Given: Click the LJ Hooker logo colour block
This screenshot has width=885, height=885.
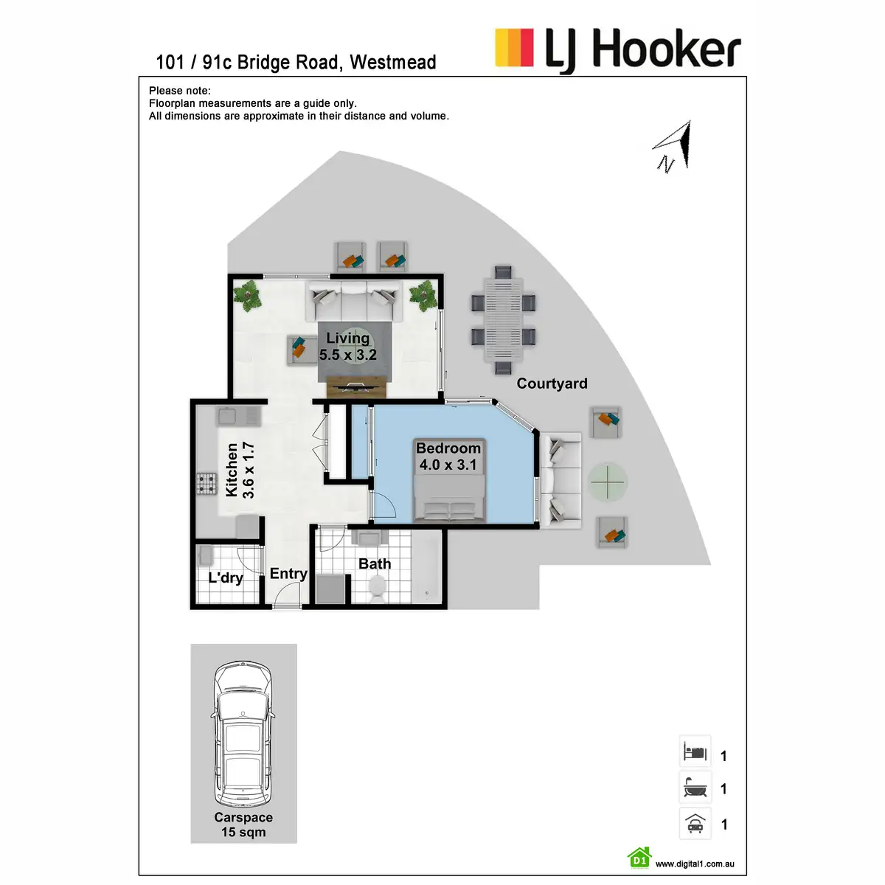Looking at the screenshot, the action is (x=514, y=48).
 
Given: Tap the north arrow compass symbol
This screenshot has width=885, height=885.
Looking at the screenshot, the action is (x=673, y=146).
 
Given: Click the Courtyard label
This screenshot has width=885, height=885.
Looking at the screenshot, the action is (x=552, y=383).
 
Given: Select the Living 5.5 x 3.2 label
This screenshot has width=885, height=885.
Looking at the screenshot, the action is (x=347, y=347).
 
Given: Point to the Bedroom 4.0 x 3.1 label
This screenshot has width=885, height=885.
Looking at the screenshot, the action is (x=448, y=456).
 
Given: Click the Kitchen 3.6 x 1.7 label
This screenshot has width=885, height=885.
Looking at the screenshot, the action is (x=240, y=470).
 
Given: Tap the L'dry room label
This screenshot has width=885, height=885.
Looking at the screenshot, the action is (x=226, y=577).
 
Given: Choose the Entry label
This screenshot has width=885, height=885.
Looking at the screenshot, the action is (x=288, y=574).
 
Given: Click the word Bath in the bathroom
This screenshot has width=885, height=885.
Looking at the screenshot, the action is (x=375, y=564).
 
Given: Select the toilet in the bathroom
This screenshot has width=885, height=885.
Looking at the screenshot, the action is (x=377, y=589).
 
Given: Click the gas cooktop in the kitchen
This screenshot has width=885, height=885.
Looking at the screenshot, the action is (x=206, y=484).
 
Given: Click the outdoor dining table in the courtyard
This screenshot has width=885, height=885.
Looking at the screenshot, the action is (x=504, y=320).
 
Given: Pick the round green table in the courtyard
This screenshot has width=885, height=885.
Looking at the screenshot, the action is (x=608, y=482).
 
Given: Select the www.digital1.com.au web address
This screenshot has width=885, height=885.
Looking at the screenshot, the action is (x=695, y=864).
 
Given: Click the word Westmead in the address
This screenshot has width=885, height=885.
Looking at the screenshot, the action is (x=392, y=63).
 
